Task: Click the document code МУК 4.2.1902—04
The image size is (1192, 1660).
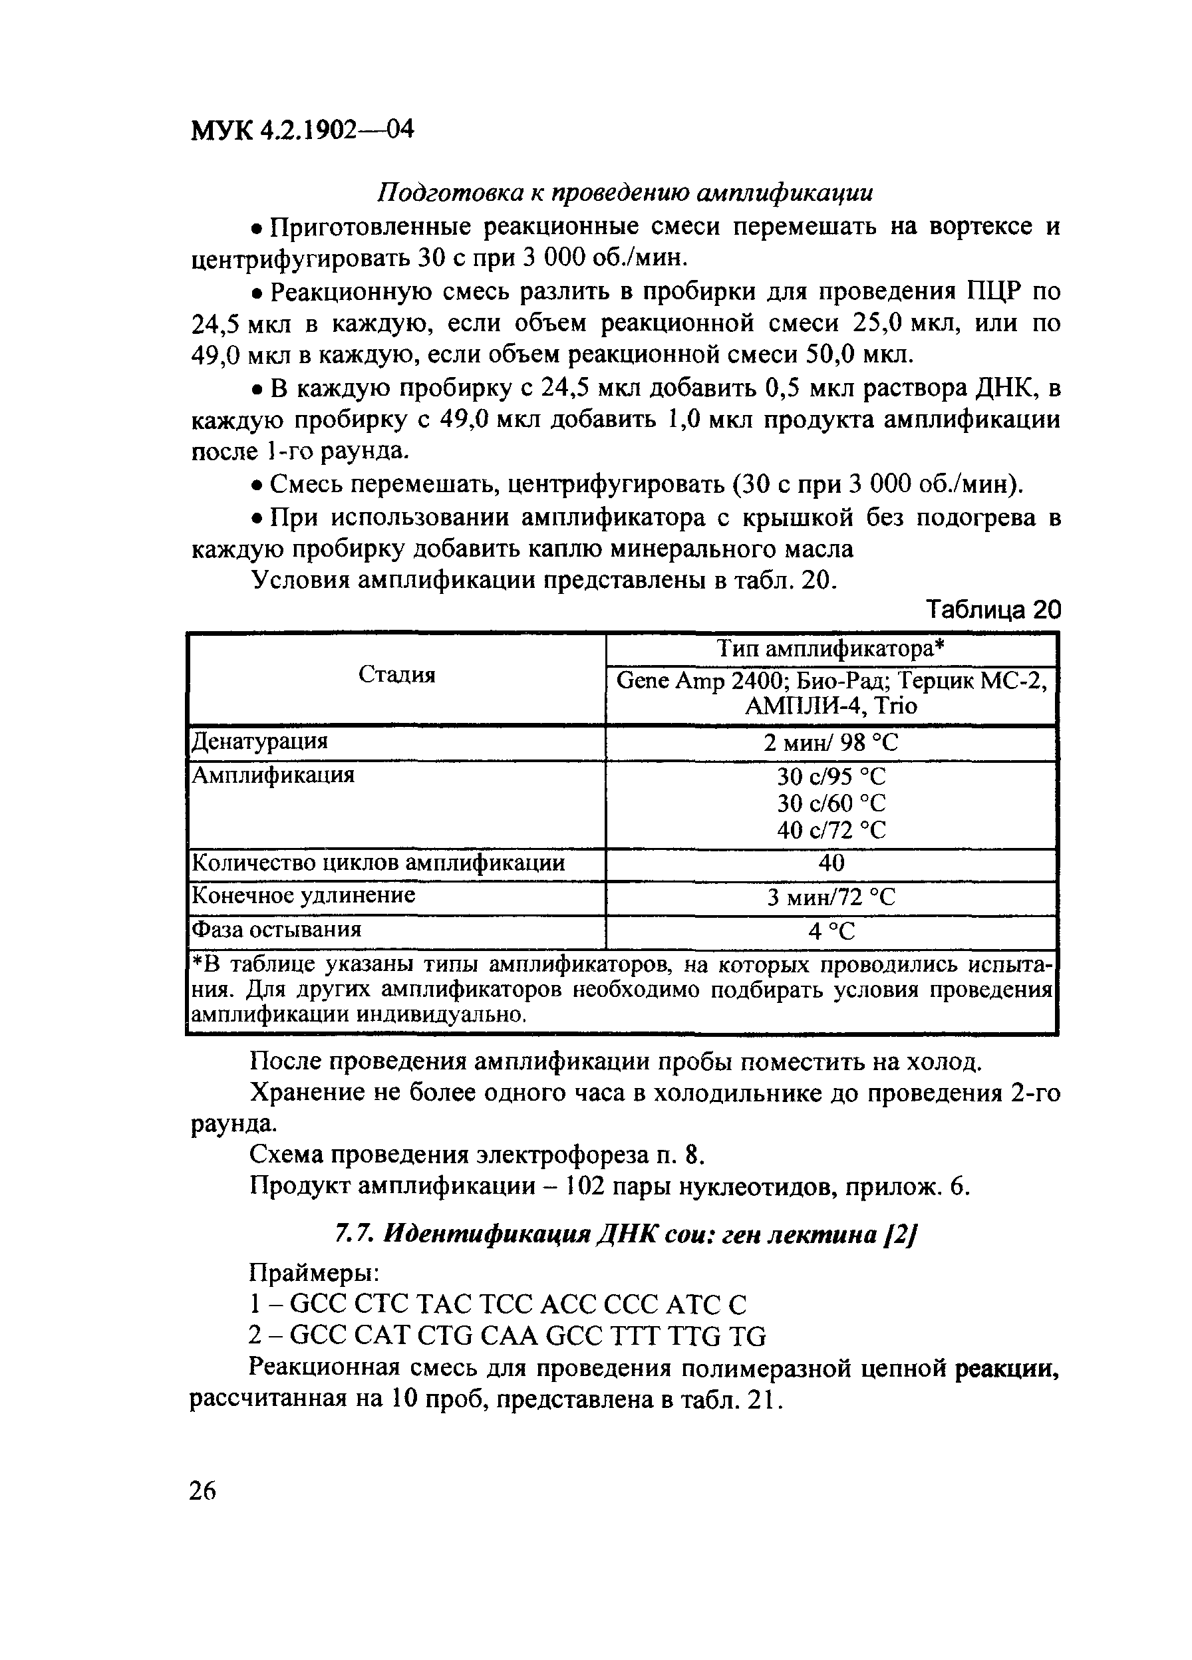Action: [302, 130]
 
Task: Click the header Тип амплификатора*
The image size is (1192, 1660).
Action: [830, 648]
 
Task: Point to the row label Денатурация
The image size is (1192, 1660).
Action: [259, 742]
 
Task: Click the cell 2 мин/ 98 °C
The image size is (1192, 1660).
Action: [830, 743]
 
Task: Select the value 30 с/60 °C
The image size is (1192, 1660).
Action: [830, 803]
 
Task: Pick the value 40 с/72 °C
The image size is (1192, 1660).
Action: [830, 830]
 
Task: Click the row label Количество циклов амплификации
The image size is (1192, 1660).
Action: [378, 863]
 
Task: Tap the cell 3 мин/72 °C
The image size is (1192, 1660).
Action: [830, 897]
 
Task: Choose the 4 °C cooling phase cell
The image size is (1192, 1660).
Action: [830, 931]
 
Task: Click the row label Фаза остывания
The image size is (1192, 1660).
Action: [276, 930]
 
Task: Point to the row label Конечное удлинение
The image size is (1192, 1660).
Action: [303, 895]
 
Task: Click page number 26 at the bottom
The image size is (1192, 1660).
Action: [203, 1490]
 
